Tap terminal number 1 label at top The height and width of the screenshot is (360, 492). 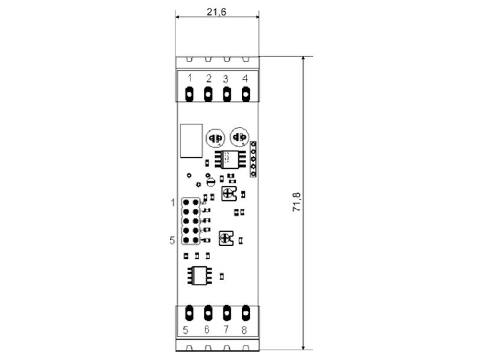tap(188, 79)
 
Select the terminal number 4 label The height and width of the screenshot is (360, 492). tap(245, 79)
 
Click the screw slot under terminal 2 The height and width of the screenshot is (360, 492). tap(207, 94)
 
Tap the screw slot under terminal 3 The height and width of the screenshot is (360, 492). tap(226, 94)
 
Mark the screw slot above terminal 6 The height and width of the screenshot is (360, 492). tap(207, 312)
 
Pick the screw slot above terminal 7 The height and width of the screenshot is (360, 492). tap(226, 312)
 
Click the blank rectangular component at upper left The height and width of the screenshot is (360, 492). tap(191, 140)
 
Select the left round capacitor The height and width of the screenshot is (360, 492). tap(214, 138)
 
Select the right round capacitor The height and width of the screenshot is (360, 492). tap(238, 138)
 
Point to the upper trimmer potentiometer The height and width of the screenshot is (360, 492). tap(228, 193)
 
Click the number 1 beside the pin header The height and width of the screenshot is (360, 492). tap(173, 202)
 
